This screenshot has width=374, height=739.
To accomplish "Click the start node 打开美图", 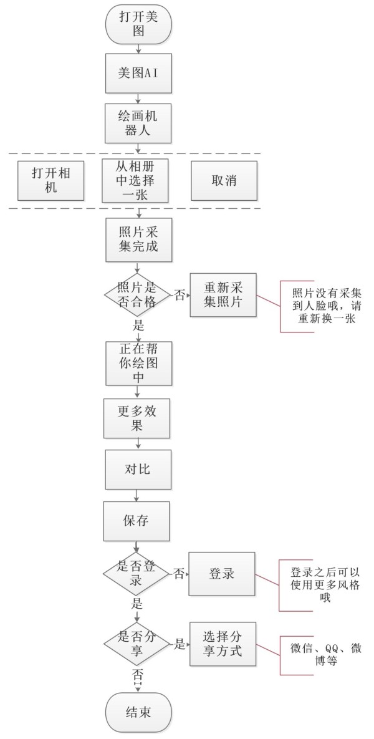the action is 138,24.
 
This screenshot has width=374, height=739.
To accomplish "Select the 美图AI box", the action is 138,73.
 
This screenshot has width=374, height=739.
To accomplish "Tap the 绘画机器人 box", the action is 138,123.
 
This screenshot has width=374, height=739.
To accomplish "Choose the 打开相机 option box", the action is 51,180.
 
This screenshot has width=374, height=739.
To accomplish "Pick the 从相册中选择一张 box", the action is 135,180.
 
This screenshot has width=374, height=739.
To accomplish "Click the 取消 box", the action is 224,180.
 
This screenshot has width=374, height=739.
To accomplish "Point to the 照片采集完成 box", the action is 138,239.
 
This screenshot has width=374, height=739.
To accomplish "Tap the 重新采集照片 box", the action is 223,295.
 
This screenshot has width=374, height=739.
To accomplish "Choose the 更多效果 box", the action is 137,418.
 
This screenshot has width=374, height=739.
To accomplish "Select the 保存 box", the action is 136,521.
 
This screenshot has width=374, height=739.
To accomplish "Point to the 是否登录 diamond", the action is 136,574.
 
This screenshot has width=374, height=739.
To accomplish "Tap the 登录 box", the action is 222,574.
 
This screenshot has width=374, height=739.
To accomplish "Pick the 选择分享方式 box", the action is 223,644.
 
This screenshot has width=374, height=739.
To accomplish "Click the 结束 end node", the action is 138,712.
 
